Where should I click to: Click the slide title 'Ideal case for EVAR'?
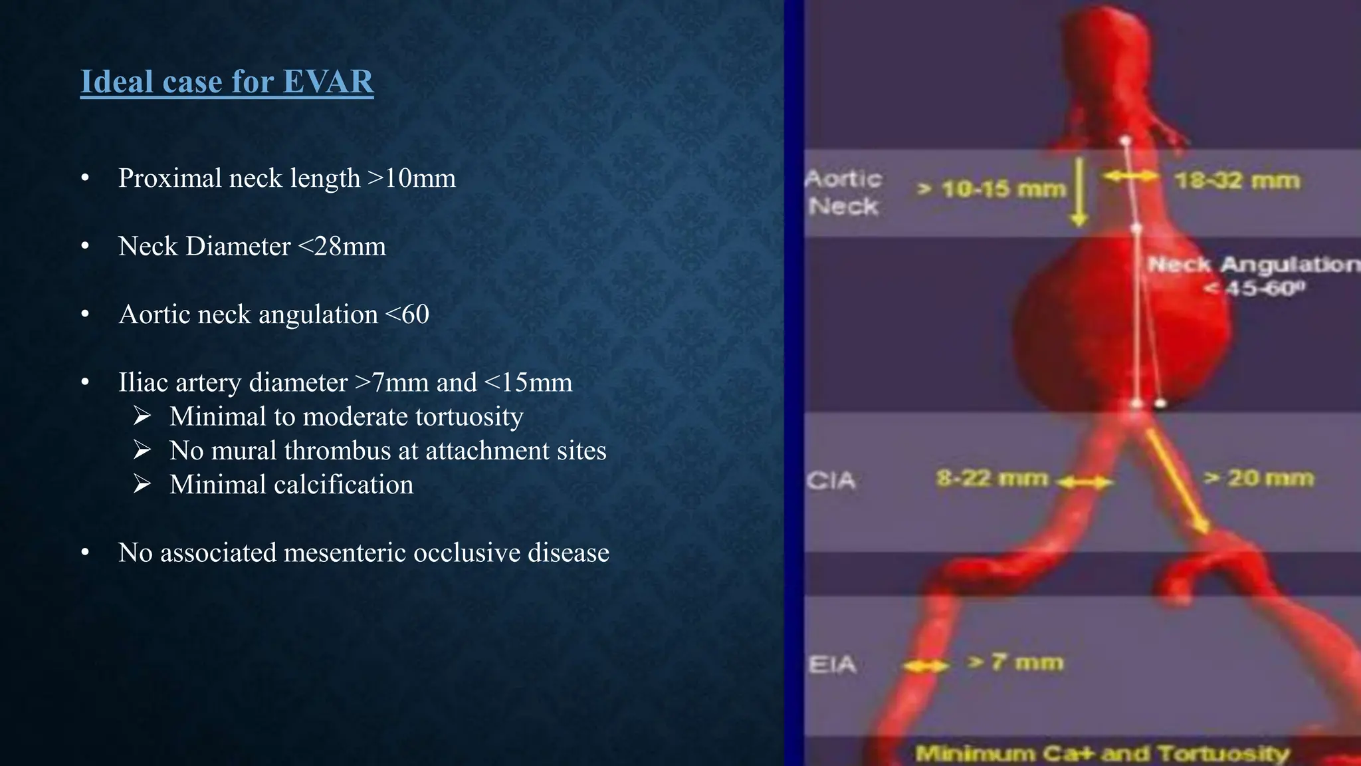click(227, 82)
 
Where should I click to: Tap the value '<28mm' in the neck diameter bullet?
click(342, 247)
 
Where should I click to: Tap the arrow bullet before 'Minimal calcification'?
click(142, 484)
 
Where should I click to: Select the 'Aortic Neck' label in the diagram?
click(843, 192)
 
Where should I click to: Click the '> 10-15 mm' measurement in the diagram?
click(992, 190)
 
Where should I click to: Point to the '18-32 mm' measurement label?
click(1236, 181)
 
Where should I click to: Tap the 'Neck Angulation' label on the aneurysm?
click(1253, 265)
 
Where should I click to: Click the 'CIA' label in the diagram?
click(831, 480)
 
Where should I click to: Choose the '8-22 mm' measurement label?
click(992, 478)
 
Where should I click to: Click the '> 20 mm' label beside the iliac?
click(1259, 478)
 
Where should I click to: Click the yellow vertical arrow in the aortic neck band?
click(1080, 191)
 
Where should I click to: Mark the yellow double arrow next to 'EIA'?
click(926, 666)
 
